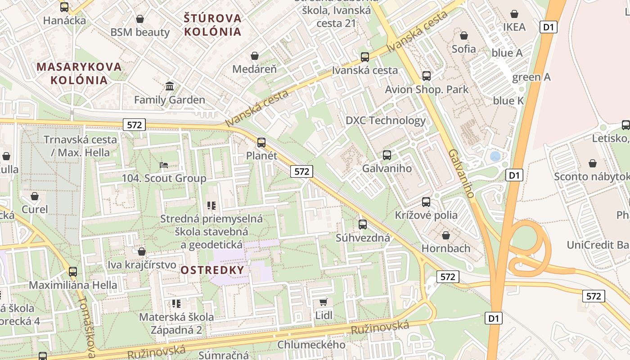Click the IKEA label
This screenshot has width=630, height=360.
click(x=514, y=27)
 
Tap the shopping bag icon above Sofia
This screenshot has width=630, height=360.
click(x=464, y=35)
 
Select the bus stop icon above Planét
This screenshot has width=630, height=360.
click(x=261, y=143)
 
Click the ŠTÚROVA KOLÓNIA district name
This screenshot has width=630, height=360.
click(x=213, y=25)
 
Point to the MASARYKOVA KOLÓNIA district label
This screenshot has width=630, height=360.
click(x=79, y=73)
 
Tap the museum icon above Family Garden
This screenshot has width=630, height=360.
click(x=170, y=86)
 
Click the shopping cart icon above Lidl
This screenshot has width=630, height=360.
click(x=323, y=302)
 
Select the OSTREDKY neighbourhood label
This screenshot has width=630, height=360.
click(x=212, y=270)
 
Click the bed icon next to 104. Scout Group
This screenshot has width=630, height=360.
click(x=164, y=165)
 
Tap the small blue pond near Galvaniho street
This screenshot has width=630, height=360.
click(x=495, y=156)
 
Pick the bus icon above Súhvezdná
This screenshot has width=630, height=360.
click(x=363, y=224)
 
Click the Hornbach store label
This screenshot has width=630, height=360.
click(x=445, y=248)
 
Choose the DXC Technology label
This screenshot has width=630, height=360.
click(x=385, y=120)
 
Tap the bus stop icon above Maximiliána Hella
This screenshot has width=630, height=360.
click(x=73, y=271)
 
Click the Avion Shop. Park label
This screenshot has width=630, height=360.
click(x=427, y=89)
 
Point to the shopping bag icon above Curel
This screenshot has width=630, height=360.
click(x=35, y=196)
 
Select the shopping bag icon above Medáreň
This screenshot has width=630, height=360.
click(x=255, y=56)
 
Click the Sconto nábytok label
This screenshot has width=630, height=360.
click(x=591, y=176)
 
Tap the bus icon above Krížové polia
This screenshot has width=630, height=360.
click(x=426, y=202)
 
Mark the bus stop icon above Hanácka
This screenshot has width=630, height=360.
click(x=64, y=7)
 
